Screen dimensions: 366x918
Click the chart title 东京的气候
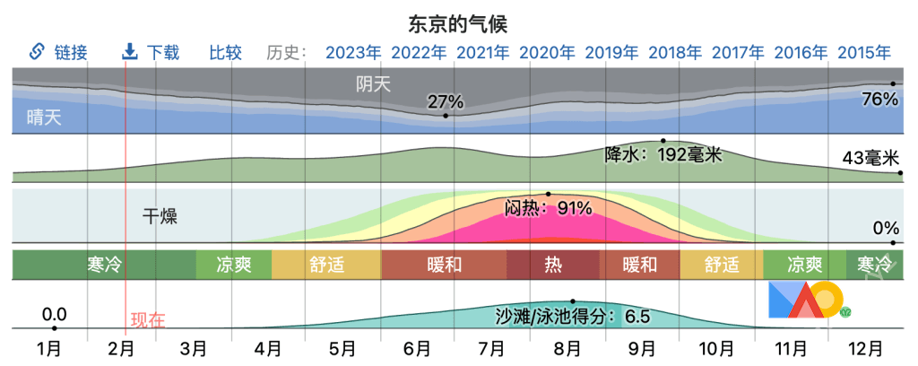click(x=458, y=22)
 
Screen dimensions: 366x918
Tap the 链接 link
click(x=60, y=52)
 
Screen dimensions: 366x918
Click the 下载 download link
click(x=152, y=52)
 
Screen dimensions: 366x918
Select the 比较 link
click(x=226, y=52)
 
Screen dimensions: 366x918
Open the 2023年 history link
click(x=353, y=52)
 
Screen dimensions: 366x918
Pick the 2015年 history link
click(x=864, y=52)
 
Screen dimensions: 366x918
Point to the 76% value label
click(x=879, y=100)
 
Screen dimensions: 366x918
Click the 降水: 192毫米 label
click(x=663, y=154)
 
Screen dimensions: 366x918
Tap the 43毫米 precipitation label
click(x=870, y=159)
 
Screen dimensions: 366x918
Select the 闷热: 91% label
click(x=548, y=208)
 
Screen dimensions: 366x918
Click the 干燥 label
click(x=160, y=216)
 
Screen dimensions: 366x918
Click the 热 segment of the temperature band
click(x=553, y=265)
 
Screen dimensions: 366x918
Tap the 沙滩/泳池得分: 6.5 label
click(x=572, y=316)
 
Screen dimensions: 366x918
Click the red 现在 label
click(x=148, y=319)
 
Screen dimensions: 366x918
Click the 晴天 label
click(x=44, y=117)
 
